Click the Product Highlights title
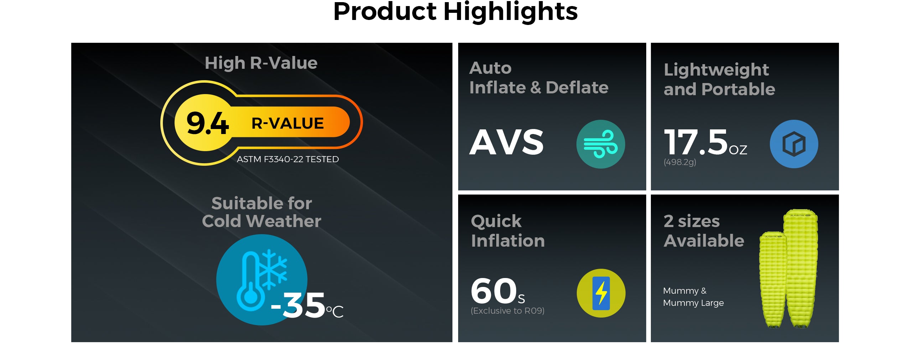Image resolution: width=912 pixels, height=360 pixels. [455, 11]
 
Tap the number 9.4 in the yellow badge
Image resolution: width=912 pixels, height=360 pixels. [207, 123]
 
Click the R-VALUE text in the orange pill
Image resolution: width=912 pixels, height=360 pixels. [287, 123]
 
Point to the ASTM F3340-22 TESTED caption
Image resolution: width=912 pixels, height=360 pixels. [288, 159]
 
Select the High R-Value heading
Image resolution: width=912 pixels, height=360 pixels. [261, 63]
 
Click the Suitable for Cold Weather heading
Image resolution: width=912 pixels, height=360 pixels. [261, 212]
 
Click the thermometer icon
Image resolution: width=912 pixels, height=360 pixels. [251, 282]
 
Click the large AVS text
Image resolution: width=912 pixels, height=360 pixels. [507, 142]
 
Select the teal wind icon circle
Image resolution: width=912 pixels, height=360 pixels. [601, 144]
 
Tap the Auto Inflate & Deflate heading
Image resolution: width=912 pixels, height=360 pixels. [539, 78]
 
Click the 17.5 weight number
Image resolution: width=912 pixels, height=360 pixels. [696, 142]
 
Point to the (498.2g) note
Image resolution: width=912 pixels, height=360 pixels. [680, 162]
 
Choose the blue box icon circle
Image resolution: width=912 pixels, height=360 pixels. [794, 144]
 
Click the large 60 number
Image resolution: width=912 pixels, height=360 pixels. [494, 290]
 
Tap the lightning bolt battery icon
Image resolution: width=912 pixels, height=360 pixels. [601, 293]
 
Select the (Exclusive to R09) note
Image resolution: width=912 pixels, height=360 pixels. [507, 311]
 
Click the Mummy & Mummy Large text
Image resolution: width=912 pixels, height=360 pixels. [693, 297]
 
